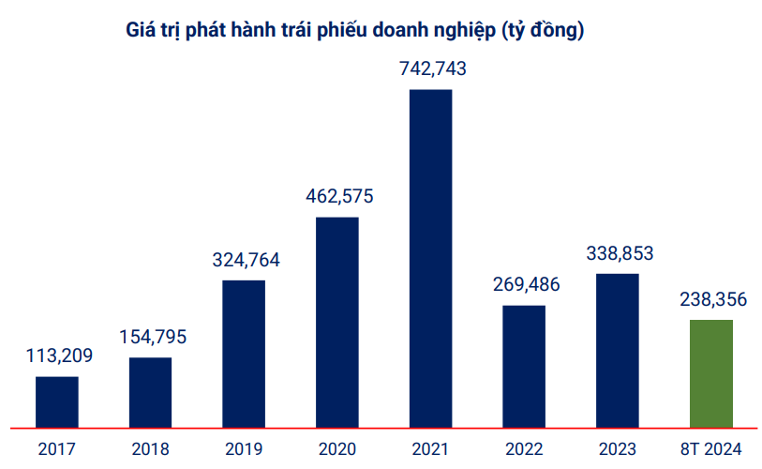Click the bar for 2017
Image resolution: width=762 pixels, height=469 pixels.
[x=57, y=402]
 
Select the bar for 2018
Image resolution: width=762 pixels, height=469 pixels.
[x=150, y=392]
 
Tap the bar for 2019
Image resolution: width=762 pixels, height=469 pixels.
[x=244, y=354]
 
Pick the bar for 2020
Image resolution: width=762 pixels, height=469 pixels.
[x=337, y=322]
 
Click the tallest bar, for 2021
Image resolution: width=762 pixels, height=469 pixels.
[x=431, y=258]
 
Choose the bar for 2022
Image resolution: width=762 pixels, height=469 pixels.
[x=524, y=366]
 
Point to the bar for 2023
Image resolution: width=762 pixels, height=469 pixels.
[x=618, y=350]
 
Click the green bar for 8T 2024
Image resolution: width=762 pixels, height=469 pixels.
[x=710, y=373]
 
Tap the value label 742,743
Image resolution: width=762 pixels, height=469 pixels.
[x=431, y=68]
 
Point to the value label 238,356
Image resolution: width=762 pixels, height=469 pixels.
[x=711, y=299]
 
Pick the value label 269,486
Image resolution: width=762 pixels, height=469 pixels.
[x=525, y=284]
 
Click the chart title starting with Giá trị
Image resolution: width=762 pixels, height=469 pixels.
[x=355, y=30]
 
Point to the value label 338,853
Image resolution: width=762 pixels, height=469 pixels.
[x=619, y=252]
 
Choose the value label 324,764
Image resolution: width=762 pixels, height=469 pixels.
[x=245, y=260]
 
